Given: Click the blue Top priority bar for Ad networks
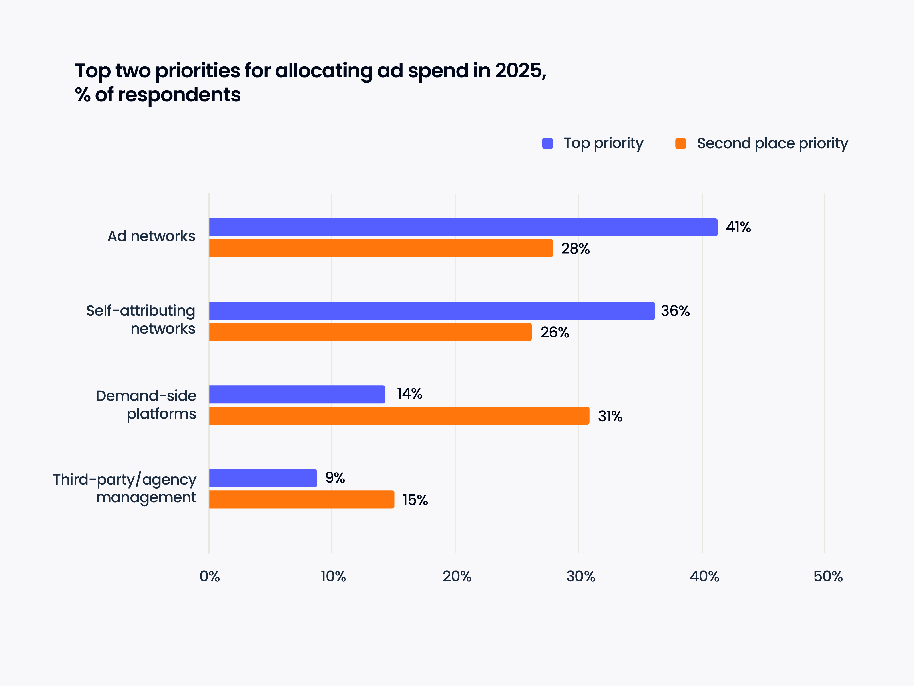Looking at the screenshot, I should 463,227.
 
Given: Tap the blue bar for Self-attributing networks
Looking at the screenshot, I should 432,311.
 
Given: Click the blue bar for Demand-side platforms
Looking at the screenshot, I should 297,395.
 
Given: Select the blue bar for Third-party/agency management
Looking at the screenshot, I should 263,478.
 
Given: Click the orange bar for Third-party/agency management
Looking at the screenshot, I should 302,499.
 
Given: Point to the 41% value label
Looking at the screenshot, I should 738,227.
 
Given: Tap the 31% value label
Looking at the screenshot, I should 610,416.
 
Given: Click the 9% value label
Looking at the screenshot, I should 335,478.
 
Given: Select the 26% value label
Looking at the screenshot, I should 555,333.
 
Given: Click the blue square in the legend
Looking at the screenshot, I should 547,143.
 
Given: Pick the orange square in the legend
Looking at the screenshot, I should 680,143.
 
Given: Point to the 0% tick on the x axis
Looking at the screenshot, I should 210,576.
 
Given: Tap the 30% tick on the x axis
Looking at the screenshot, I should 580,576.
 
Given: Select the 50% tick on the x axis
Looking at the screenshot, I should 828,576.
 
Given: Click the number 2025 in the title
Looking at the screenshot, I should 518,71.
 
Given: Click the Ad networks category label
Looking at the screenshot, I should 151,236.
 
